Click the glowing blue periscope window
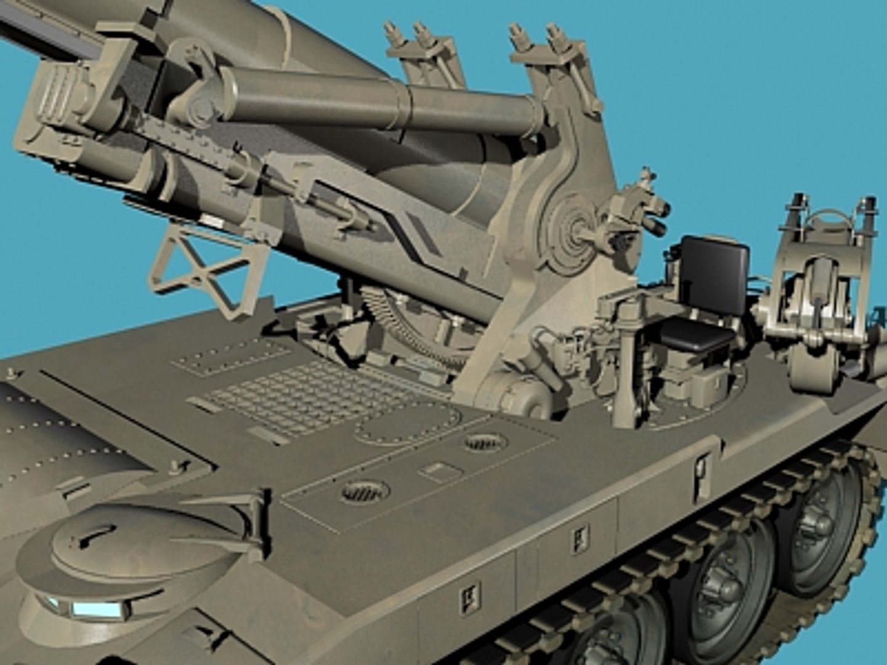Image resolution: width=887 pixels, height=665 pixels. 95,610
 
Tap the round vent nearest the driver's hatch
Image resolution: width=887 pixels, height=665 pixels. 365,491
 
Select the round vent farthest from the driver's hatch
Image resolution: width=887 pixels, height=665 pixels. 485,441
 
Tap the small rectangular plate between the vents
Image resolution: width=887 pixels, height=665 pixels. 440,472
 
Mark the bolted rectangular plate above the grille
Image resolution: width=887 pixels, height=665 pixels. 231,357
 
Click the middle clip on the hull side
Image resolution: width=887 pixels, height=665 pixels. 580,539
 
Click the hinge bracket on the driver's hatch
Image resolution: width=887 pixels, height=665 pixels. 246,511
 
